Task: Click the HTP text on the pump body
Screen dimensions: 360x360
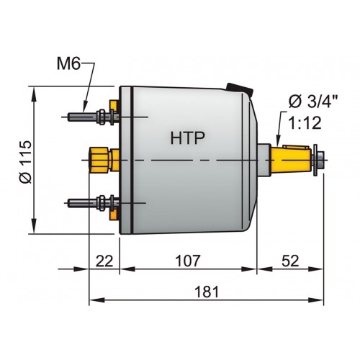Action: click(186, 136)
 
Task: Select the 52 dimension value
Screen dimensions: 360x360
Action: click(289, 260)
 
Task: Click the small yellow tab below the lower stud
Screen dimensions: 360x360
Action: click(111, 214)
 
